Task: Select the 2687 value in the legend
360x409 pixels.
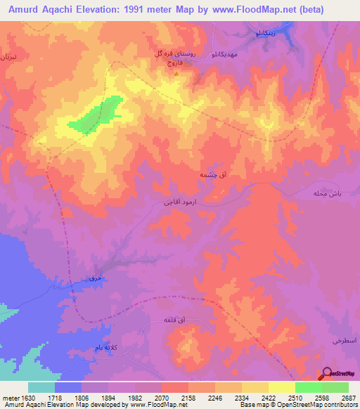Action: click(x=348, y=398)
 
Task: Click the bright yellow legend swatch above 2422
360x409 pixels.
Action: click(x=281, y=387)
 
